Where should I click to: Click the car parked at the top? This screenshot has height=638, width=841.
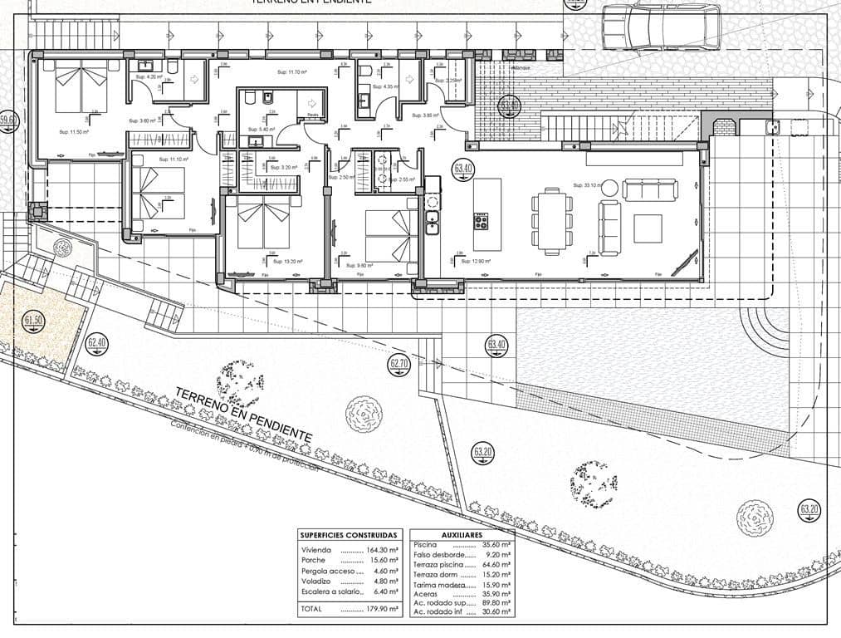click(661, 26)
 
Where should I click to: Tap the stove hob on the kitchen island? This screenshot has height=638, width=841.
click(482, 221)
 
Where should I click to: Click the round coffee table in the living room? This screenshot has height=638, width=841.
click(609, 186)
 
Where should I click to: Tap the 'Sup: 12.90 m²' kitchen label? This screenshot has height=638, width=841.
click(477, 261)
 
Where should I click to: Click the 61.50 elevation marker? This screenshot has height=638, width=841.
click(34, 321)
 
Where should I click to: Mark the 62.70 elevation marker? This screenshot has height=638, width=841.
click(399, 363)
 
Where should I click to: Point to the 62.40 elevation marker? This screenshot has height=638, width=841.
click(97, 342)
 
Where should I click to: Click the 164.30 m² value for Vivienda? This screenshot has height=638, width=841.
click(383, 550)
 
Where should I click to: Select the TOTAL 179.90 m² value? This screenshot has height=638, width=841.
click(383, 608)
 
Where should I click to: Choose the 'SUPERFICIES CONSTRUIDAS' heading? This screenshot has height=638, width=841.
click(349, 535)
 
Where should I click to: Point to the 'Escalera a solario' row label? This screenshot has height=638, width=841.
click(331, 591)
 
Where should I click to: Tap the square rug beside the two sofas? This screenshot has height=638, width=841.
click(648, 228)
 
